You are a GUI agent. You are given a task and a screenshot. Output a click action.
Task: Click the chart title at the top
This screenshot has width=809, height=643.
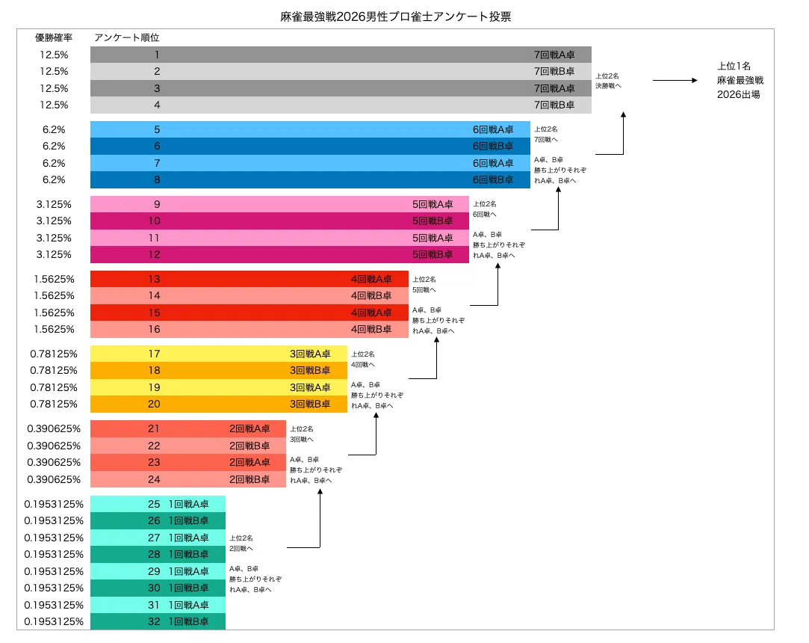396,16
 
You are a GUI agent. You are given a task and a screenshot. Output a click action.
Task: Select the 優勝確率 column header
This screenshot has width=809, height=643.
54,37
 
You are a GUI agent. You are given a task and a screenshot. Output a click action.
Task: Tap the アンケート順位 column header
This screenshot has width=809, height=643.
126,37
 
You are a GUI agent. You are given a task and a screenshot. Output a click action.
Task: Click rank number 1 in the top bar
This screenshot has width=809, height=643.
157,55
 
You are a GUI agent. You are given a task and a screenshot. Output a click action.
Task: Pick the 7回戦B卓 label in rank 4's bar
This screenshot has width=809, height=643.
554,105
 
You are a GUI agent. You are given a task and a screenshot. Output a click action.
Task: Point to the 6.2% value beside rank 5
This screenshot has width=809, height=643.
54,129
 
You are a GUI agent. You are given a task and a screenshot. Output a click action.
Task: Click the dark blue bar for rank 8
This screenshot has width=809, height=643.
310,179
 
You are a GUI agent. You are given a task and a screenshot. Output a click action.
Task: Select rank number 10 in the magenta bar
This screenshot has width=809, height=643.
155,221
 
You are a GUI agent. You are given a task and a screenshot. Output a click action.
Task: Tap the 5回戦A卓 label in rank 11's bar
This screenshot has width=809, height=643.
433,238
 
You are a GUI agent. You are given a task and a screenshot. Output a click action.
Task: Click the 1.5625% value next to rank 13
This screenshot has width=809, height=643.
55,280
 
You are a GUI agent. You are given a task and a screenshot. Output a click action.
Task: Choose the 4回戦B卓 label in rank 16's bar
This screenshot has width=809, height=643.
371,330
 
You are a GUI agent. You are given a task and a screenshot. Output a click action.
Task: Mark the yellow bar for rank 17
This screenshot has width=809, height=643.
219,354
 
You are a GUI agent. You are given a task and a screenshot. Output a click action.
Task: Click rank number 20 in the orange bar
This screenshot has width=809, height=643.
155,404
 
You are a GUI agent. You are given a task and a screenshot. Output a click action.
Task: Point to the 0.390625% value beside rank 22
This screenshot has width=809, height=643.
54,446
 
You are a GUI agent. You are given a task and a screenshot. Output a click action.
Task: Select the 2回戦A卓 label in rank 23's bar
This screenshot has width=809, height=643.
249,462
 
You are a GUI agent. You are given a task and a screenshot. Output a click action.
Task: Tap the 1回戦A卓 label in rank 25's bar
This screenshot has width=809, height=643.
189,504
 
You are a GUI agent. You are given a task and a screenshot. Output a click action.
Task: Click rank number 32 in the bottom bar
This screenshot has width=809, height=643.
155,622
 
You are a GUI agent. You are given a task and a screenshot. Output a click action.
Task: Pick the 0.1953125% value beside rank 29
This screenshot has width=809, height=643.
54,571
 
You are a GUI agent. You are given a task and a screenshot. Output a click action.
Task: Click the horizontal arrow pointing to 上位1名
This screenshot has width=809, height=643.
675,80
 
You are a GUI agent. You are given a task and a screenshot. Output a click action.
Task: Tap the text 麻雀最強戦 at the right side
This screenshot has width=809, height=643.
740,80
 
